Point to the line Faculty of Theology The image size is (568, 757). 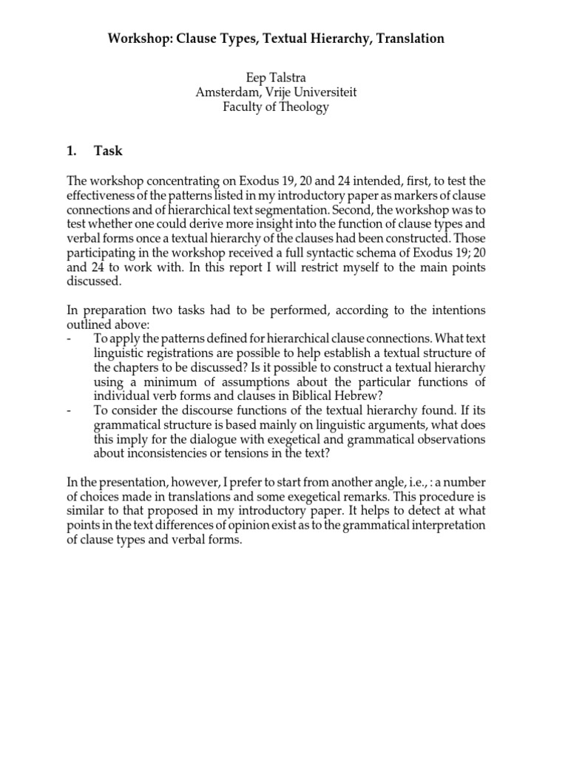coord(276,107)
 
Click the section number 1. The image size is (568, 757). coord(71,152)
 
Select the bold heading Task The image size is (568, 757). coord(108,152)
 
